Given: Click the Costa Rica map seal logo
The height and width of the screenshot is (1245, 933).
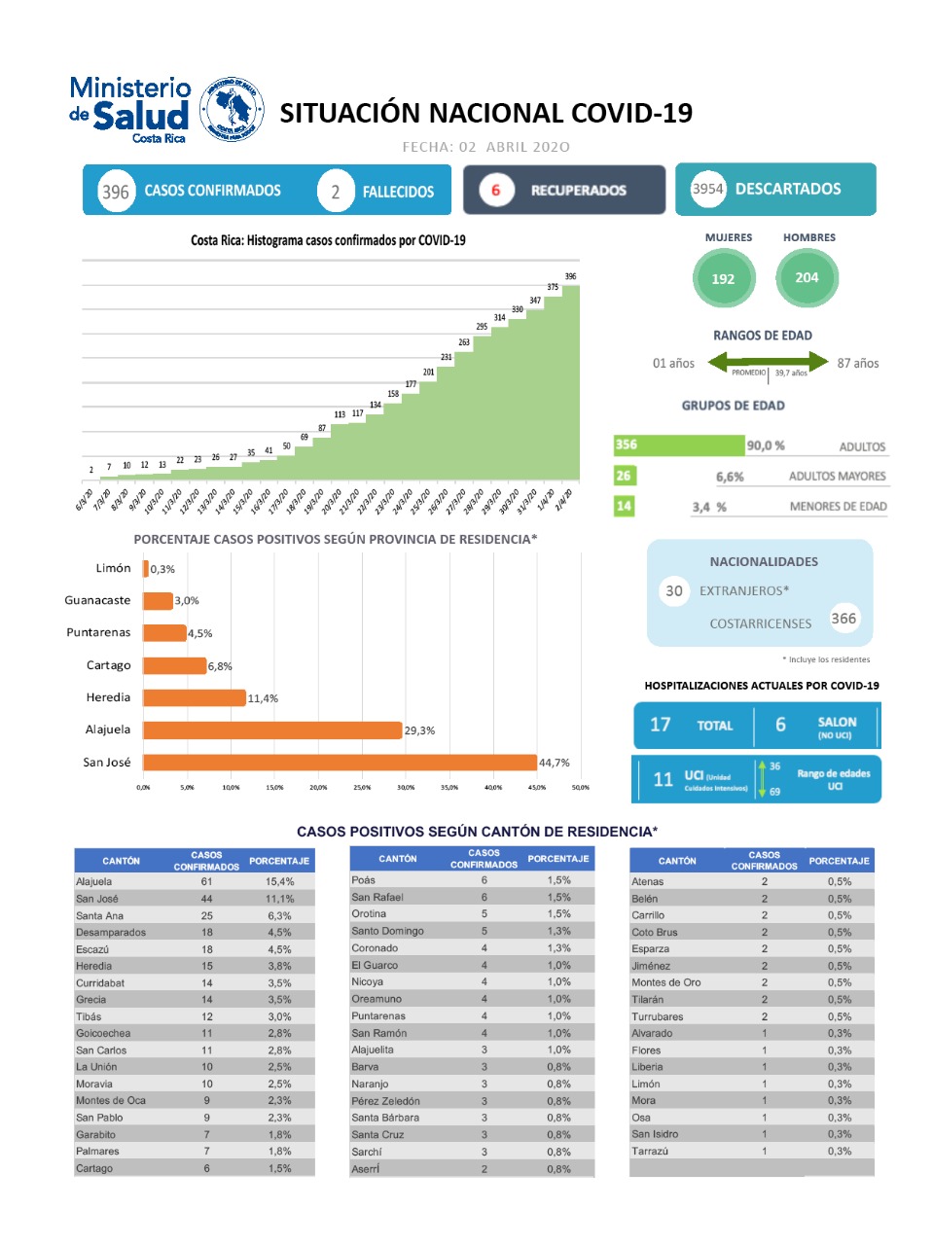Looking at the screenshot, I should [x=232, y=110].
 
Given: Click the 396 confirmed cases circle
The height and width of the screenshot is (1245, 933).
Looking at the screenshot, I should [x=116, y=192].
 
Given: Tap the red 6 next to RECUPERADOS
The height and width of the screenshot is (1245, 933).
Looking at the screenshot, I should [x=495, y=190].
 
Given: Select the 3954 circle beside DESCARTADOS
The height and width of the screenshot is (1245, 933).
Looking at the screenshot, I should [x=707, y=189].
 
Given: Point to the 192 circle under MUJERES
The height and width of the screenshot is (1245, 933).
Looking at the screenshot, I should [x=723, y=278].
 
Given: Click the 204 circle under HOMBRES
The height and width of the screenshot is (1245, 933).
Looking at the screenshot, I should [x=807, y=277].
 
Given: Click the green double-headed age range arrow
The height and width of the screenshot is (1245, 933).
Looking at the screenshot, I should [x=768, y=363].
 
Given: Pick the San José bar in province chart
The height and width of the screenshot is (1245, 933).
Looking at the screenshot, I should [x=340, y=763].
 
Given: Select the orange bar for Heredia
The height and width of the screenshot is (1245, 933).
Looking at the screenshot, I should [x=195, y=697].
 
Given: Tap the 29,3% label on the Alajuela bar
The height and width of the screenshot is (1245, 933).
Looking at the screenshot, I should [x=420, y=730].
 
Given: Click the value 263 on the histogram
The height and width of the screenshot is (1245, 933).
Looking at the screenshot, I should [x=464, y=342].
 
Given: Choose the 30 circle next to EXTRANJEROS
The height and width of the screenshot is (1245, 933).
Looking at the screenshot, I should [x=673, y=590].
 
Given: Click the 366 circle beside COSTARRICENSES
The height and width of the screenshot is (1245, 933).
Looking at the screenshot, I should [x=843, y=618].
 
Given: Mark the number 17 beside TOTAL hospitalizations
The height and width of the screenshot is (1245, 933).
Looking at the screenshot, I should [x=660, y=725].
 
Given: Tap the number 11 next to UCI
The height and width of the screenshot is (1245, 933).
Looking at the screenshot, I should [x=663, y=779].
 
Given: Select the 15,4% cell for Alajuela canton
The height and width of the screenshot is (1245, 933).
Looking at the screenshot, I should [x=279, y=881].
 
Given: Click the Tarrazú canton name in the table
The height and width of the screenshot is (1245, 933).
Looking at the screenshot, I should [x=650, y=1151].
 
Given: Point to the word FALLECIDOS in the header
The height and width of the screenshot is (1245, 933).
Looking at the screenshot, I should [x=398, y=192].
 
